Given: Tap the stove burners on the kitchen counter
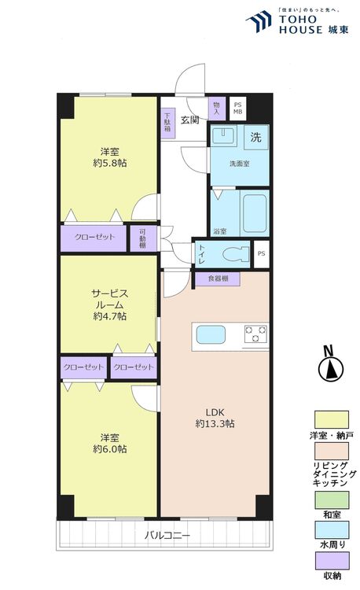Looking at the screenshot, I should pos(255,335).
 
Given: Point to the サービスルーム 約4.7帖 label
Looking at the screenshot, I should pos(109,303).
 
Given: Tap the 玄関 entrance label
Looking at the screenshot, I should pos(189,120).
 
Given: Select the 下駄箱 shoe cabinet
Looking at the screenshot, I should pos(167,124).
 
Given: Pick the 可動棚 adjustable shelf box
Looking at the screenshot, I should pos(142,238).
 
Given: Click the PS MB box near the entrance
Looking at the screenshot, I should pos(238,107).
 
